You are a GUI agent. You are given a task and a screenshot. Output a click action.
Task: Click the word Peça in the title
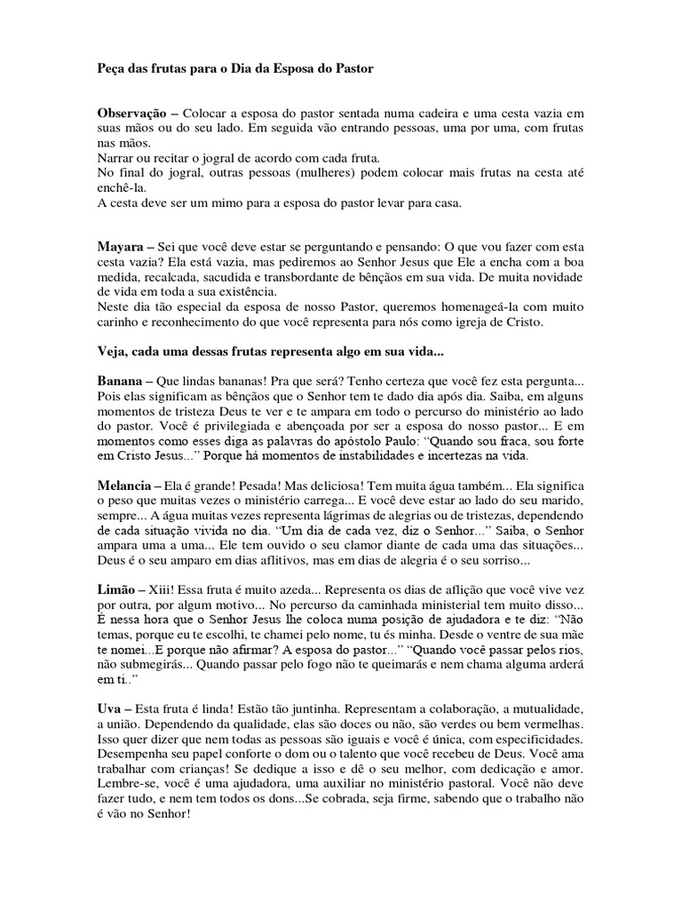coord(111,68)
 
